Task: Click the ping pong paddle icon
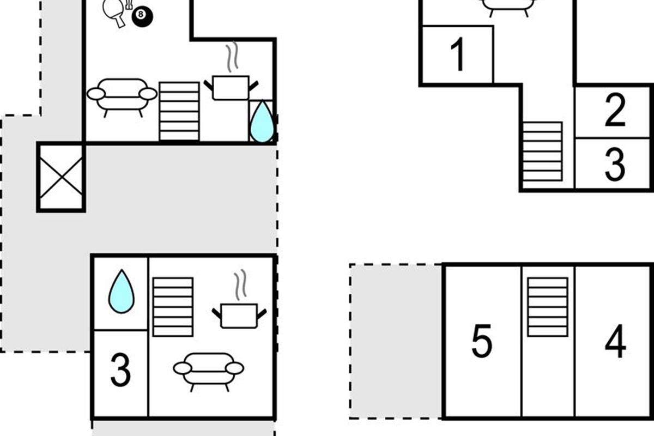pos(114,13)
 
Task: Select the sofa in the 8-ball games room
pos(122,97)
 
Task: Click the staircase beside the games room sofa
pos(179,112)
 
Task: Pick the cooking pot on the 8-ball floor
pos(231,88)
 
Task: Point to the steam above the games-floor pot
pos(232,57)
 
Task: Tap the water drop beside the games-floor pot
pos(262,121)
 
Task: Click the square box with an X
pos(61,177)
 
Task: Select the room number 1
pos(457,55)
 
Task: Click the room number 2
pos(615,110)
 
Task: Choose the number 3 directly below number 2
pos(615,164)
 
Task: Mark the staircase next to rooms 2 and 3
pos(542,152)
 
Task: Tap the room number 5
pos(482,341)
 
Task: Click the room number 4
pos(615,341)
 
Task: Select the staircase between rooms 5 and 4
pos(548,307)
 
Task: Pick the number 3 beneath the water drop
pos(120,370)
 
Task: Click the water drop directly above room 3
pos(122,292)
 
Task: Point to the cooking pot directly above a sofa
pos(239,316)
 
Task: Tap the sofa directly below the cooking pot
pos(208,371)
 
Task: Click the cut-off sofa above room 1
pos(509,7)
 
